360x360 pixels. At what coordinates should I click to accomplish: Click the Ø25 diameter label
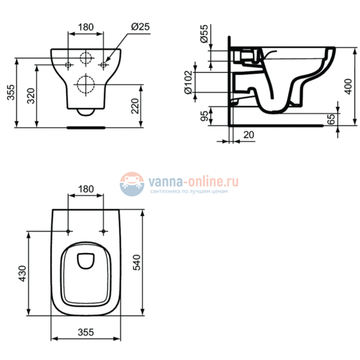click(140, 27)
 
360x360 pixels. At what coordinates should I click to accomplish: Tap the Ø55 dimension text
click(204, 34)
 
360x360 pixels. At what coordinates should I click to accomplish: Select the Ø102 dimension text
click(188, 82)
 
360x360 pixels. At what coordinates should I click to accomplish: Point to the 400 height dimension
click(348, 86)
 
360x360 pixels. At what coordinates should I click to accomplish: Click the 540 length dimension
click(137, 263)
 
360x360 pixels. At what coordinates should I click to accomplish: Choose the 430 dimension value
click(23, 274)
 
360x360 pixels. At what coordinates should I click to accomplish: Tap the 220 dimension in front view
click(135, 106)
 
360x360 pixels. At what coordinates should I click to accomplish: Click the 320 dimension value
click(31, 96)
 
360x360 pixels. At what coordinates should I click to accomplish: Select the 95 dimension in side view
click(204, 116)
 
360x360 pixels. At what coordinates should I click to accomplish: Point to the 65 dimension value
click(331, 119)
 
